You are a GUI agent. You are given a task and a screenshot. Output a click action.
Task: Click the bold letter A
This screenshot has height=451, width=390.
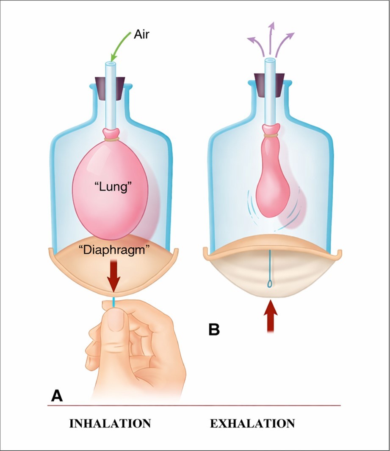pos(57,395)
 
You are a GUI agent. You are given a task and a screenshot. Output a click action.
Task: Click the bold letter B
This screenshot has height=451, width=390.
pos(214,329)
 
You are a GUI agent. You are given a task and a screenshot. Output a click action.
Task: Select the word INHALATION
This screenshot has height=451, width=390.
pos(110,423)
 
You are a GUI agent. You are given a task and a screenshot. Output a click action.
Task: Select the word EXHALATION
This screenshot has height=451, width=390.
pos(252,423)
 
